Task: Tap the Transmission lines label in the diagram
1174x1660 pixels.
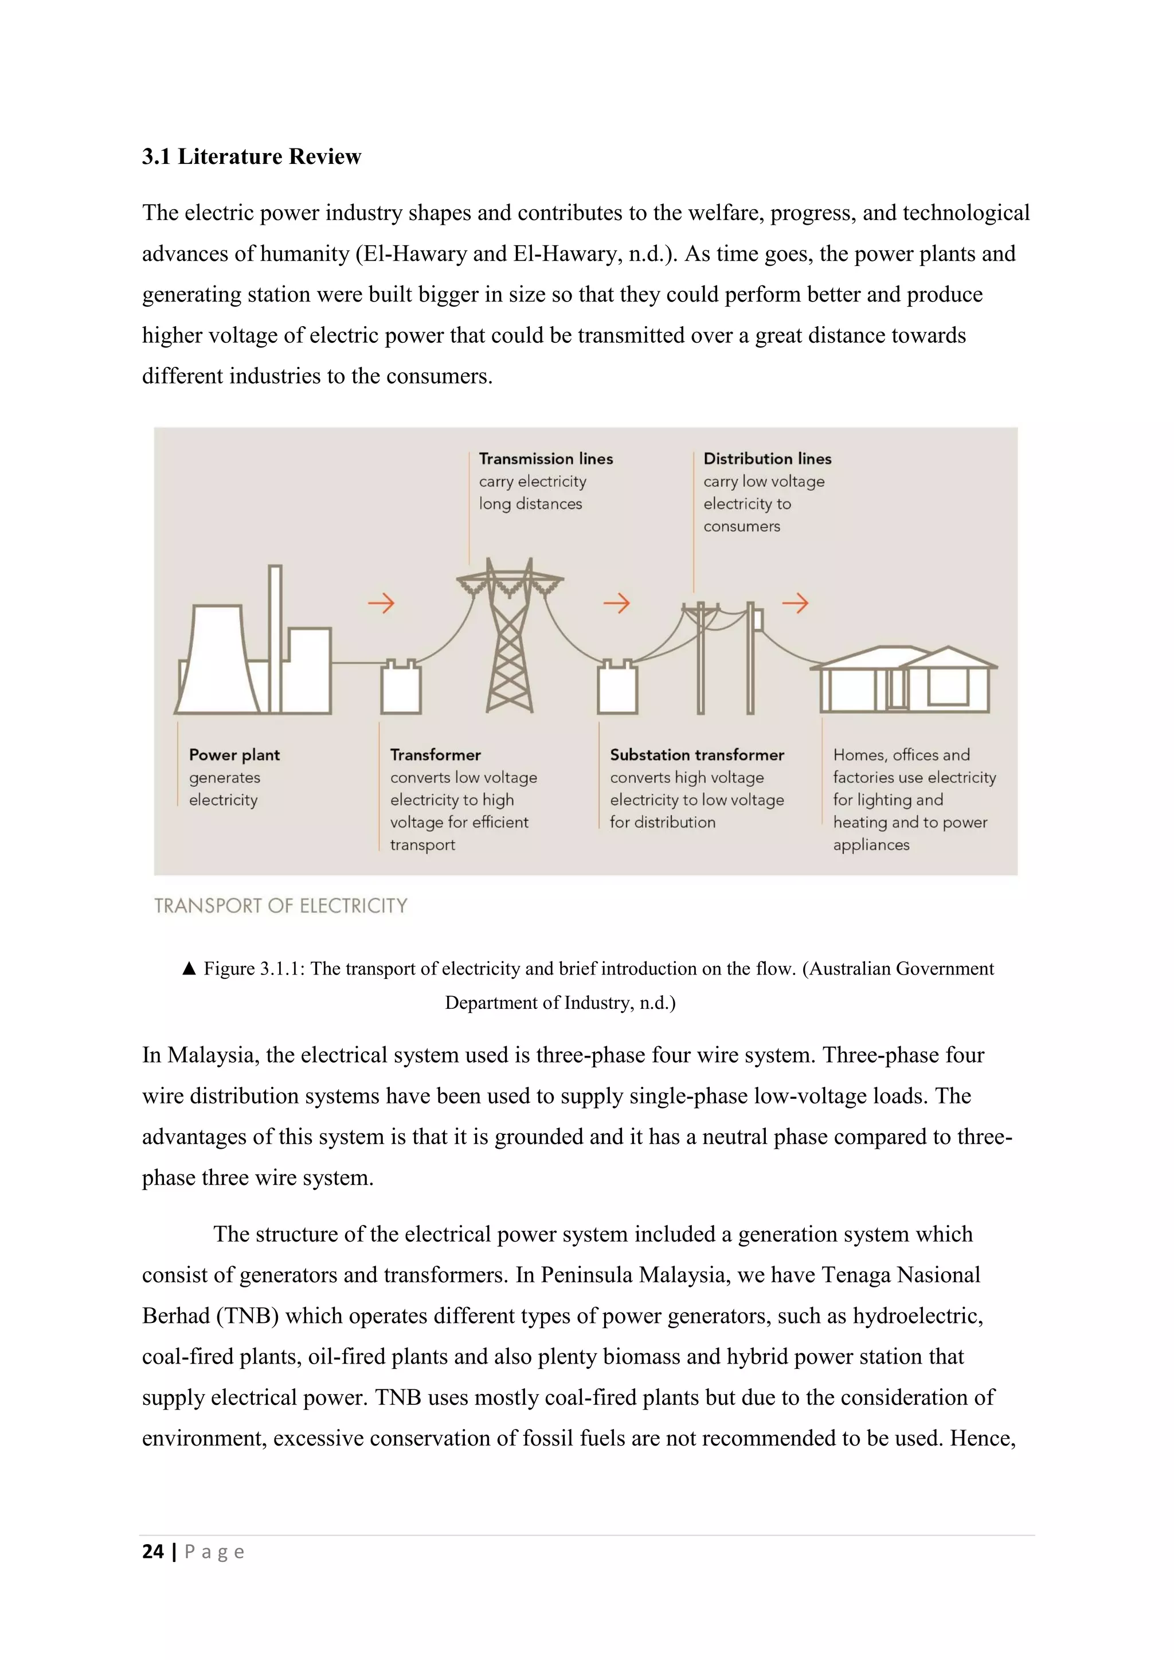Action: click(546, 459)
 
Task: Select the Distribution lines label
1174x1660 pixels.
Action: click(767, 459)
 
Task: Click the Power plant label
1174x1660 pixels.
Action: click(234, 755)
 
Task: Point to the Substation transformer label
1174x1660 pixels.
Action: click(697, 755)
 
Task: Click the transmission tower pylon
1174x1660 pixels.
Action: click(510, 644)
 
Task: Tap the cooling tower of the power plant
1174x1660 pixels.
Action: click(216, 661)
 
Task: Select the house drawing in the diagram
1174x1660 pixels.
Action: click(903, 680)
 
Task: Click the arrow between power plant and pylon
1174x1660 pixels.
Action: click(381, 603)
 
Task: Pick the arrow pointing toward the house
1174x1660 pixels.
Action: click(795, 603)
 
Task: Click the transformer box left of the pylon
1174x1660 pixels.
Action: click(401, 688)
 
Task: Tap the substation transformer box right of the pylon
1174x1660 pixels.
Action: click(617, 688)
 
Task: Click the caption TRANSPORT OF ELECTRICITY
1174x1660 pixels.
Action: click(280, 906)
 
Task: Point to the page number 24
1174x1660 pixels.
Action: click(152, 1552)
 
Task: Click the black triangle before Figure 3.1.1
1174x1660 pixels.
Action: click(189, 969)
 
